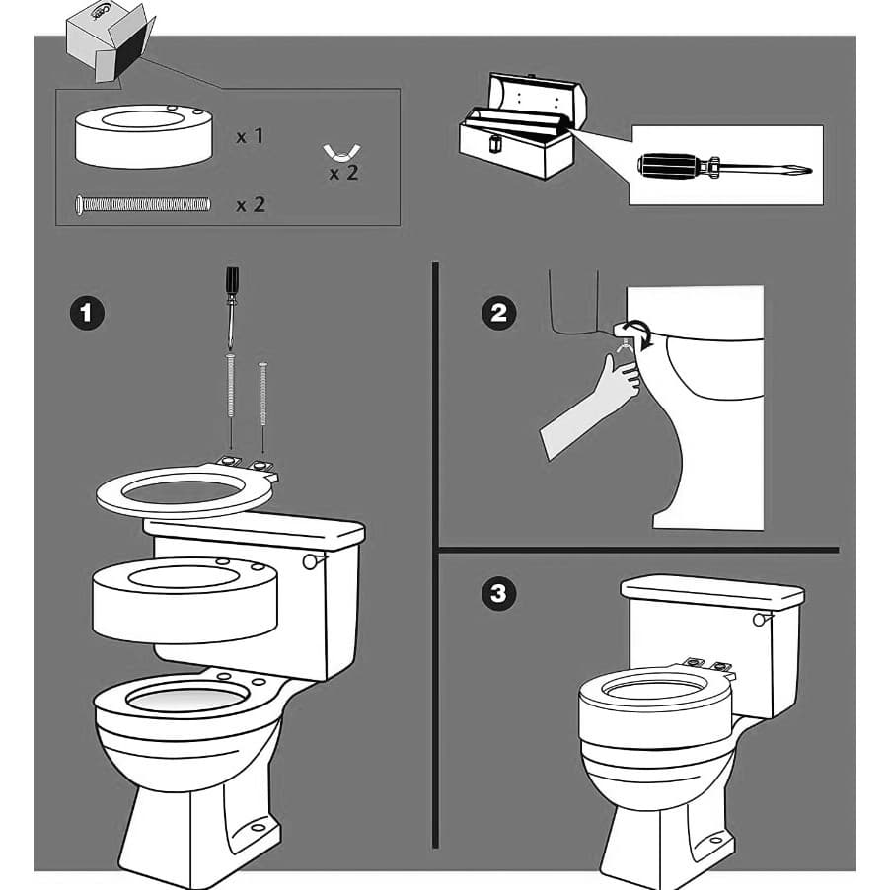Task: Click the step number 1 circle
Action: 87,314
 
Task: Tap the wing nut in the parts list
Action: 341,153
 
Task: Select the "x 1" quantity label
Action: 250,136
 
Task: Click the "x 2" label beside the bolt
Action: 250,205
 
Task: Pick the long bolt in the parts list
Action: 143,204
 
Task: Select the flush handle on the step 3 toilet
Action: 760,619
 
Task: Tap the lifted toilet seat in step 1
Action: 184,491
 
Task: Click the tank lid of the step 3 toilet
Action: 711,590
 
